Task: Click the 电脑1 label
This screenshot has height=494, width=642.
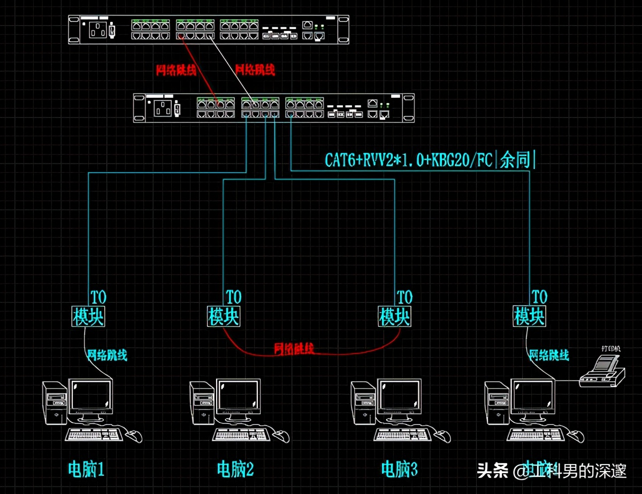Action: [86, 469]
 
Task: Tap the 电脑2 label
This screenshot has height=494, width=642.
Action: [235, 469]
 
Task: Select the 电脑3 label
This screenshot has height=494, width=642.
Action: [399, 469]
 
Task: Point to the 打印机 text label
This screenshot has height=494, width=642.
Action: [610, 349]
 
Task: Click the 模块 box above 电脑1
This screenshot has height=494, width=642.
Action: [88, 316]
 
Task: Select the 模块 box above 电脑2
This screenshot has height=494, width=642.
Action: [224, 316]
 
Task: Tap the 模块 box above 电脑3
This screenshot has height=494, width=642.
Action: [395, 316]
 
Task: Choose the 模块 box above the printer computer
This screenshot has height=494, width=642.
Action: [530, 316]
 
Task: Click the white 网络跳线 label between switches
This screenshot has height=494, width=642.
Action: [255, 70]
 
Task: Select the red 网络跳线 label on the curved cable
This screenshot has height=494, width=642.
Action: [294, 349]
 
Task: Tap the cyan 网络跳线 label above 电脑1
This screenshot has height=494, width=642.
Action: [107, 354]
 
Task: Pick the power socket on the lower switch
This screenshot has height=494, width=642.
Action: [165, 109]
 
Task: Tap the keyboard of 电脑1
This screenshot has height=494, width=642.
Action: [94, 434]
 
